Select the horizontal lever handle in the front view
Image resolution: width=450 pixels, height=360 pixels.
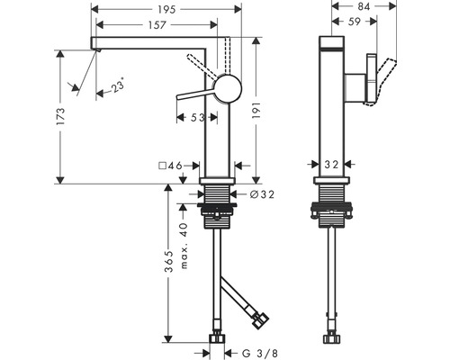[x=194, y=94]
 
